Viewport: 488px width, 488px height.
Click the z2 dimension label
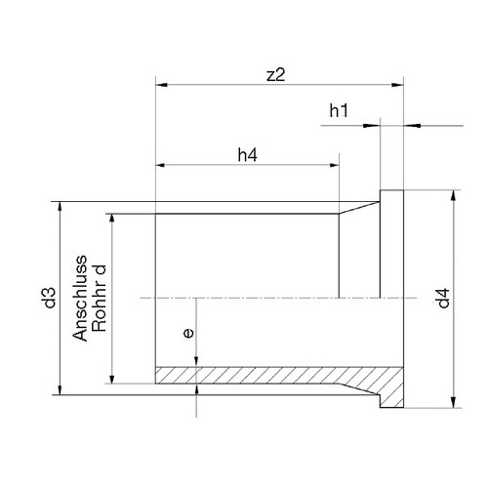click(x=275, y=75)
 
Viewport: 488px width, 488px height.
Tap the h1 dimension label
click(x=339, y=110)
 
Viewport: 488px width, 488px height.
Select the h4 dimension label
click(x=247, y=155)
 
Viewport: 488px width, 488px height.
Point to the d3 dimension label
click(x=51, y=298)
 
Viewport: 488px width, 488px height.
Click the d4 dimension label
click(x=443, y=298)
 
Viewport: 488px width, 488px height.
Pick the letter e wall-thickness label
click(x=188, y=333)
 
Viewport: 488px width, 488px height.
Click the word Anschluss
click(x=80, y=299)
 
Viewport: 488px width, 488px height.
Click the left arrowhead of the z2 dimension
click(x=162, y=85)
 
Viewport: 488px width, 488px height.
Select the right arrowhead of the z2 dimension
click(x=397, y=85)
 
